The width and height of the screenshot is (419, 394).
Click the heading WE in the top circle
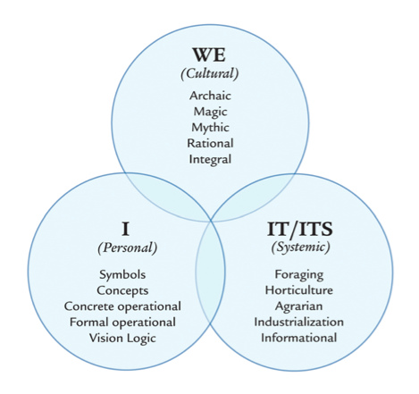pyautogui.click(x=209, y=54)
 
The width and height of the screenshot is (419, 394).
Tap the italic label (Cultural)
pyautogui.click(x=210, y=73)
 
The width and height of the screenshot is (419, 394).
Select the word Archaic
pyautogui.click(x=210, y=96)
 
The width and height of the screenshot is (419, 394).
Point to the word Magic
pyautogui.click(x=210, y=112)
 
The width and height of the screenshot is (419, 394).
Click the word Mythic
pyautogui.click(x=210, y=128)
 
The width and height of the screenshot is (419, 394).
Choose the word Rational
pyautogui.click(x=210, y=143)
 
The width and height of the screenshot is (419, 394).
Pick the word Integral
pyautogui.click(x=210, y=159)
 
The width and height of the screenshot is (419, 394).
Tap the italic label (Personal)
pyautogui.click(x=128, y=247)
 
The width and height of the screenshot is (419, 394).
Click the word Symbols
pyautogui.click(x=122, y=274)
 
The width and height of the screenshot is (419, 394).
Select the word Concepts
pyautogui.click(x=122, y=290)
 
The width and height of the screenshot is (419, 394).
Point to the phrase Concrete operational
pyautogui.click(x=122, y=306)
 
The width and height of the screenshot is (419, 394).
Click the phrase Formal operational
pyautogui.click(x=122, y=323)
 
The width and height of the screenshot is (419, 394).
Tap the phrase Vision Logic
pyautogui.click(x=122, y=339)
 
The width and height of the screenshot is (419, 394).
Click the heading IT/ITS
pyautogui.click(x=299, y=229)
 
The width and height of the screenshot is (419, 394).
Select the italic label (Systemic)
pyautogui.click(x=300, y=247)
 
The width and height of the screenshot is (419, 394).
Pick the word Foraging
pyautogui.click(x=299, y=274)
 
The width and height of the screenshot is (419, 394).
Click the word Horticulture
pyautogui.click(x=299, y=290)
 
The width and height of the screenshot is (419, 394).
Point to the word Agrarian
pyautogui.click(x=298, y=306)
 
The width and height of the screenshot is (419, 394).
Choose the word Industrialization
pyautogui.click(x=298, y=322)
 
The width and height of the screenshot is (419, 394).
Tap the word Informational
pyautogui.click(x=299, y=338)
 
